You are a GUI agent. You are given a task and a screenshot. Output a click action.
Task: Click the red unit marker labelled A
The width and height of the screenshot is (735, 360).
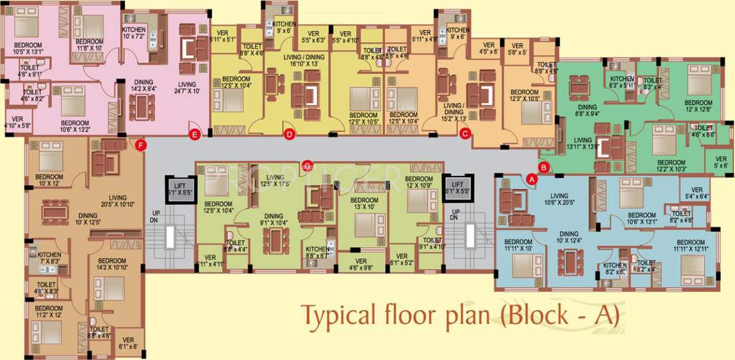(531, 179)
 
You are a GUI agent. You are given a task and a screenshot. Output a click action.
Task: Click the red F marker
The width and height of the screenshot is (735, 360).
(142, 145)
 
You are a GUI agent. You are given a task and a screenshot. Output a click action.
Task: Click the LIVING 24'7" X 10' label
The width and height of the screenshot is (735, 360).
(187, 88)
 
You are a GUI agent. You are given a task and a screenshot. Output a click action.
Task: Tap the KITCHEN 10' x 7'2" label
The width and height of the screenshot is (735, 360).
(134, 33)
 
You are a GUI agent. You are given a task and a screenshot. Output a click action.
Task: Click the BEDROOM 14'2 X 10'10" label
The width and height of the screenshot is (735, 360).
(112, 264)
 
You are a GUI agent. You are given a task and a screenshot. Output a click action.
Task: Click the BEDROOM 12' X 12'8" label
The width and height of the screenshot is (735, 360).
(698, 106)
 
